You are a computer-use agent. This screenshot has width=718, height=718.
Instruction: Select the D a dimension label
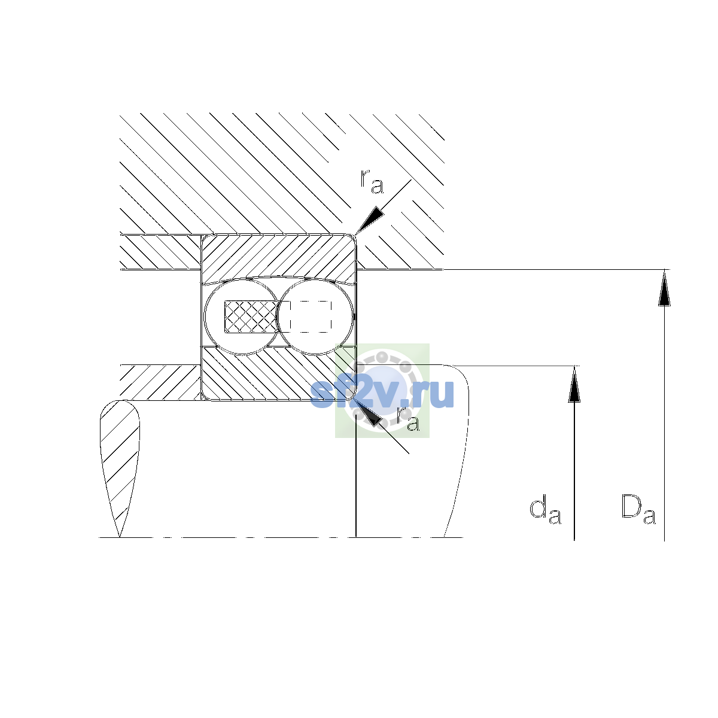tap(638, 509)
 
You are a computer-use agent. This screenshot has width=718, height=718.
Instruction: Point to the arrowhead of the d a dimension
tap(574, 384)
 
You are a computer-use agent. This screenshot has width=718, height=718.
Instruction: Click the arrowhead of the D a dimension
tap(664, 288)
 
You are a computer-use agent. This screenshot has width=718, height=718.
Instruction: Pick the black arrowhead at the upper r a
tap(369, 220)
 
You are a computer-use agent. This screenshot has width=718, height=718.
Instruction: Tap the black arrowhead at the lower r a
tap(369, 412)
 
